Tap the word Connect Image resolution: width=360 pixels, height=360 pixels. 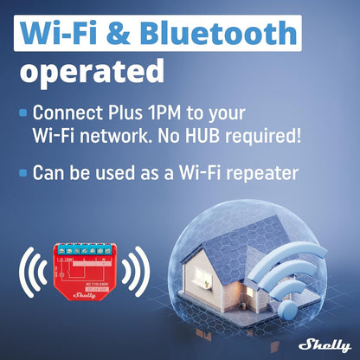[x=70, y=113]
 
